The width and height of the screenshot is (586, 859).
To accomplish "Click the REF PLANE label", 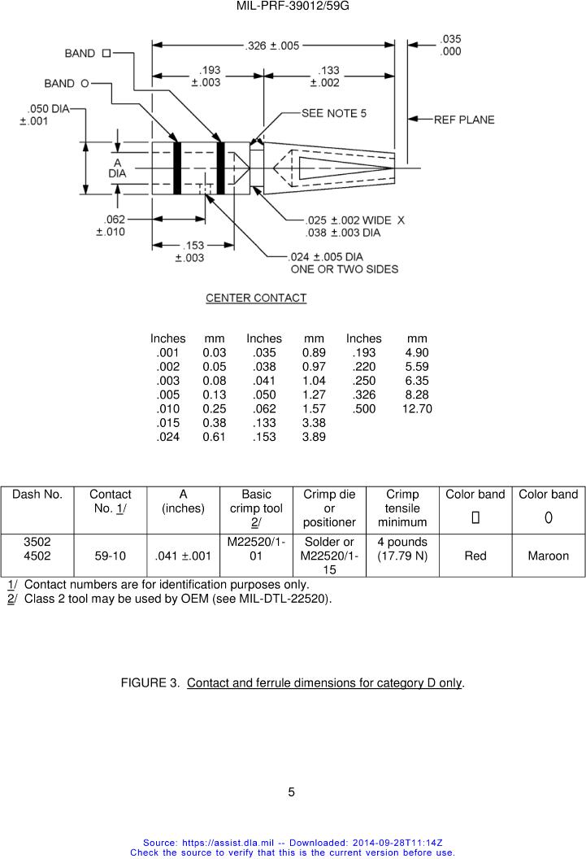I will pos(463,120).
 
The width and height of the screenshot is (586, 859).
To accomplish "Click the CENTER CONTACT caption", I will pos(256,299).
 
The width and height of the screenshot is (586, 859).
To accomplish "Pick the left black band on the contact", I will pos(177,168).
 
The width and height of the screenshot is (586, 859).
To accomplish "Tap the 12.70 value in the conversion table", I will pos(417,408).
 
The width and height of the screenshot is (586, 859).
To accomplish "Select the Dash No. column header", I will pos(37,495).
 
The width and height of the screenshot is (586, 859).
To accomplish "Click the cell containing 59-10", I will pos(110,556).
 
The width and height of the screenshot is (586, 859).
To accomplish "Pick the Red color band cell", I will pos(475,556).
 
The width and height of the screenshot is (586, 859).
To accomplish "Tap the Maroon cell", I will pos(549,556).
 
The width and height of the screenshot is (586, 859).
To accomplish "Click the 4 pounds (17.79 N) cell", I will pos(402,549).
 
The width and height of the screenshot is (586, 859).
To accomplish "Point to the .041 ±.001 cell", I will pos(183,556).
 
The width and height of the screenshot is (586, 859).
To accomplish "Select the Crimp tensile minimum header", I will pos(402,508).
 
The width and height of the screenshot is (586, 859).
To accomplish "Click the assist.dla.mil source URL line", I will pos(293,844).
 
